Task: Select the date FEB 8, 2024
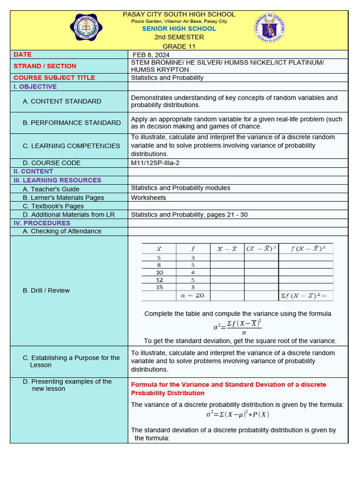[x=151, y=55]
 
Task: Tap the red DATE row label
[x=22, y=55]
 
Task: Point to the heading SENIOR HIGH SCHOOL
[x=179, y=29]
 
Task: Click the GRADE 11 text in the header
[x=179, y=46]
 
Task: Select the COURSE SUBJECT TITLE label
[x=54, y=78]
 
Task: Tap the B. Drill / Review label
[x=46, y=291]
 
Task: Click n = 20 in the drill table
[x=193, y=296]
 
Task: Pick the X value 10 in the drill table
[x=159, y=272]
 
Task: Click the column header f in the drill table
[x=193, y=249]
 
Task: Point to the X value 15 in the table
[x=159, y=287]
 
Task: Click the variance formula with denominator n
[x=237, y=326]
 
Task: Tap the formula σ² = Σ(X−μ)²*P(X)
[x=237, y=414]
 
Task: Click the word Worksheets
[x=148, y=198]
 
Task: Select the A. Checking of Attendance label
[x=62, y=231]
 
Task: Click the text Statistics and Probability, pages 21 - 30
[x=189, y=215]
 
